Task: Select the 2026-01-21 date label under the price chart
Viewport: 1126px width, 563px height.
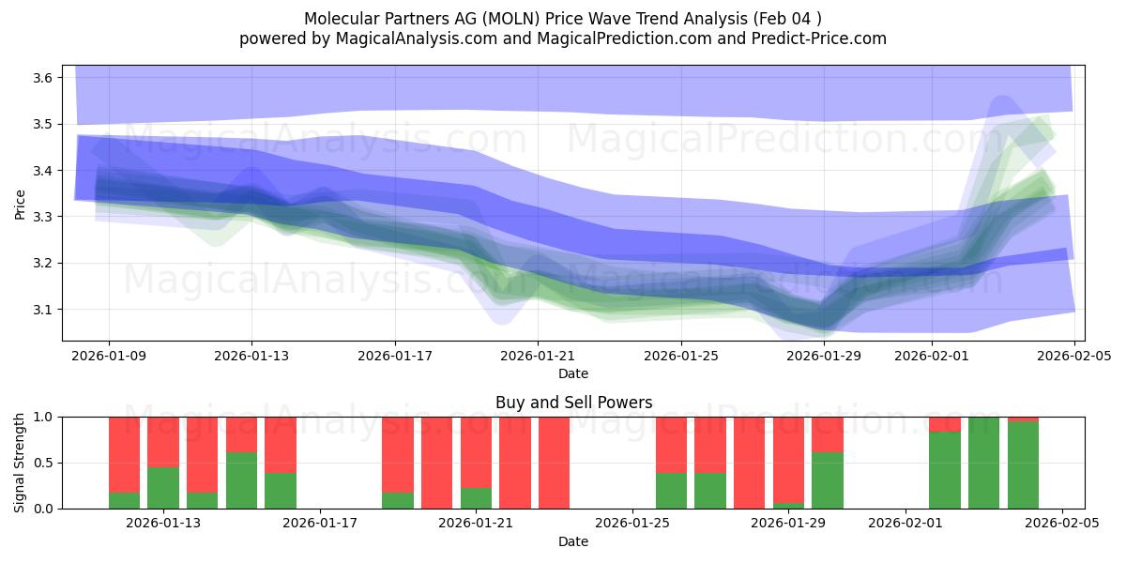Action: pos(538,357)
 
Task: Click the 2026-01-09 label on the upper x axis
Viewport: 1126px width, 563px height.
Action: pos(109,357)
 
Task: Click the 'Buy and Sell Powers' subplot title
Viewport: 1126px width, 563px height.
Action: pos(573,403)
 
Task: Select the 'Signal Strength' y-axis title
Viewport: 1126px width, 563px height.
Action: pos(20,463)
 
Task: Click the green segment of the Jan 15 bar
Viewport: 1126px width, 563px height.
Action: pos(241,480)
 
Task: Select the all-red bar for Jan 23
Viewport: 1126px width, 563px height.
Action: pos(554,463)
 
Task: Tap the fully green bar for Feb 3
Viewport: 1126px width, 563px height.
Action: pos(983,463)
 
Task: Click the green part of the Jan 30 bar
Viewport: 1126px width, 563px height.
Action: pos(828,480)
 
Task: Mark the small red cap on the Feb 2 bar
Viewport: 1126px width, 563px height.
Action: pos(945,424)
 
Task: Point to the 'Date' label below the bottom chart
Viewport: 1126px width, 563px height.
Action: pos(573,541)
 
